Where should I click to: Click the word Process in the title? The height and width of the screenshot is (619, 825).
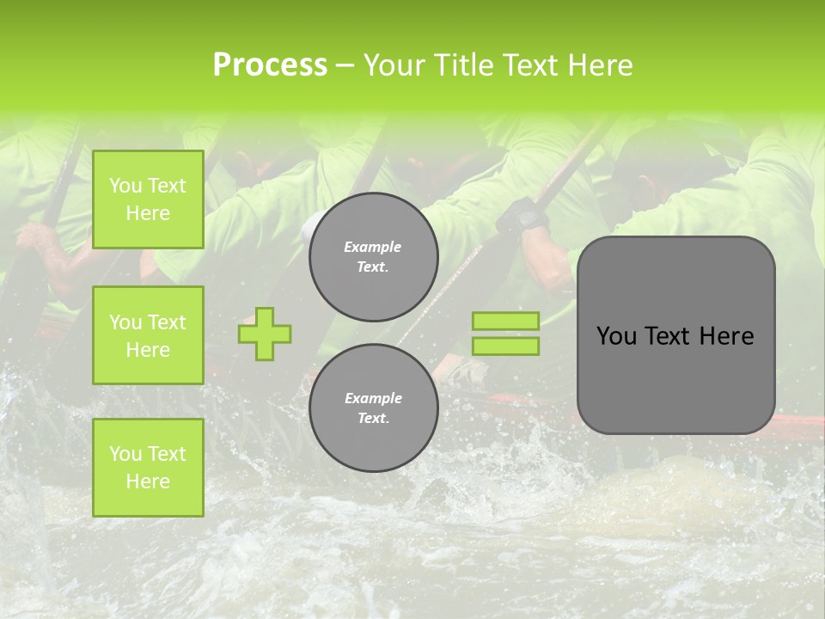[270, 64]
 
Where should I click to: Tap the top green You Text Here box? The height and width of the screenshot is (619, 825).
[148, 199]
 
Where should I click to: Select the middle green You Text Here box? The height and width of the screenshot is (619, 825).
[148, 335]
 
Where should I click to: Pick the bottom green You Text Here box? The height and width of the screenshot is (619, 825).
[148, 467]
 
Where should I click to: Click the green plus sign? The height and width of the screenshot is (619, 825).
[265, 334]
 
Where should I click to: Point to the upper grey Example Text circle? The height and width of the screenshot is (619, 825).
[373, 257]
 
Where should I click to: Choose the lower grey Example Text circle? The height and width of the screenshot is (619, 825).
[373, 408]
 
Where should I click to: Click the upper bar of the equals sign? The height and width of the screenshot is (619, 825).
[505, 321]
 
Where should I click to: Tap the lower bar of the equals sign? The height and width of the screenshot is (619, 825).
[505, 346]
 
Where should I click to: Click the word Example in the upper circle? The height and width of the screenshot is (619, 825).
[373, 247]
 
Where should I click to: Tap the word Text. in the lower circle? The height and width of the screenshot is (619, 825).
[373, 418]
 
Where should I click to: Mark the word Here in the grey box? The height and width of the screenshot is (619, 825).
[726, 336]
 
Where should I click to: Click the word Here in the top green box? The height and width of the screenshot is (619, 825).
[148, 213]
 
